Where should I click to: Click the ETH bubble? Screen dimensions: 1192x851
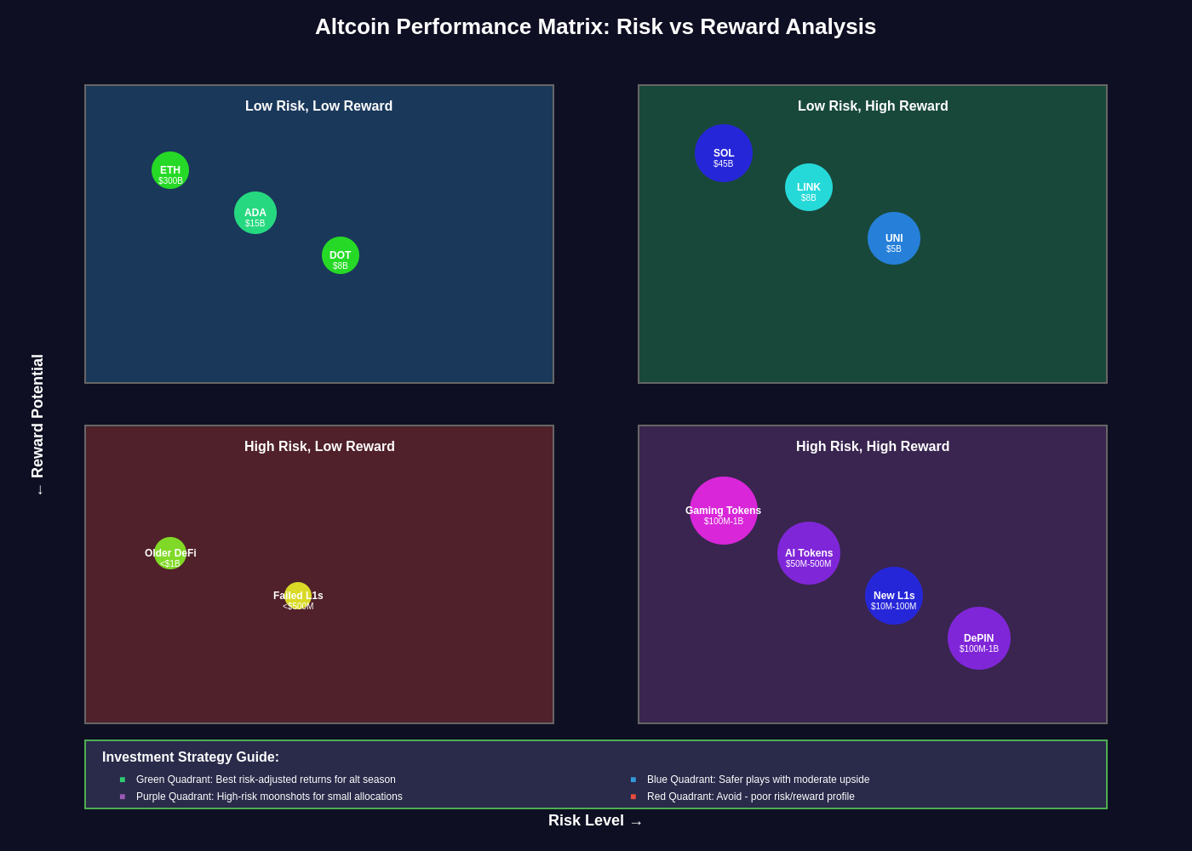(x=170, y=170)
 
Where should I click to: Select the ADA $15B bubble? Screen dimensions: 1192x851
(x=255, y=213)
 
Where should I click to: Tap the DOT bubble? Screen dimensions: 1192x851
(x=341, y=255)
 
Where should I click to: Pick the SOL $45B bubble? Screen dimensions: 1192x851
(x=724, y=153)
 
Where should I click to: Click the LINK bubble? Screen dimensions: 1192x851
(x=809, y=187)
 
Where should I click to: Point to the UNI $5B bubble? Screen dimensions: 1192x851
(x=894, y=238)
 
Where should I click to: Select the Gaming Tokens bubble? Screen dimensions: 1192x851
(x=724, y=511)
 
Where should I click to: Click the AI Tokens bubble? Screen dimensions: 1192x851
(x=809, y=553)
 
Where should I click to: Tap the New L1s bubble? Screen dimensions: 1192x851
(x=894, y=596)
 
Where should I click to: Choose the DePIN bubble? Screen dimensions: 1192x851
(x=979, y=638)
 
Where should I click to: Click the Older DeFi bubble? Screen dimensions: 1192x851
(x=170, y=553)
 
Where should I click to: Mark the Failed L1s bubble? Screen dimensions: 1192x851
(x=298, y=596)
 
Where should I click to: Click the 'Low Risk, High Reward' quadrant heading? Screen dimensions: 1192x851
(x=873, y=106)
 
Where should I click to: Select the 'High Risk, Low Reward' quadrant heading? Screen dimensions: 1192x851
(x=319, y=447)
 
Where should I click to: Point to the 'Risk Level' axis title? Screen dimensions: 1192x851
(x=587, y=820)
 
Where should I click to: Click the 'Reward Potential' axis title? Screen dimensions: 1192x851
(x=37, y=416)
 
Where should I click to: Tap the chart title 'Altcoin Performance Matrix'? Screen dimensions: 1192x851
(x=595, y=26)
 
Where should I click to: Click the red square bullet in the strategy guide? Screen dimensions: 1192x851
(x=633, y=797)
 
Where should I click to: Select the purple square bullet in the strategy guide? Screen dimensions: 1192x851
(x=123, y=797)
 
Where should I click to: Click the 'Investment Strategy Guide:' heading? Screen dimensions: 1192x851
(x=191, y=757)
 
